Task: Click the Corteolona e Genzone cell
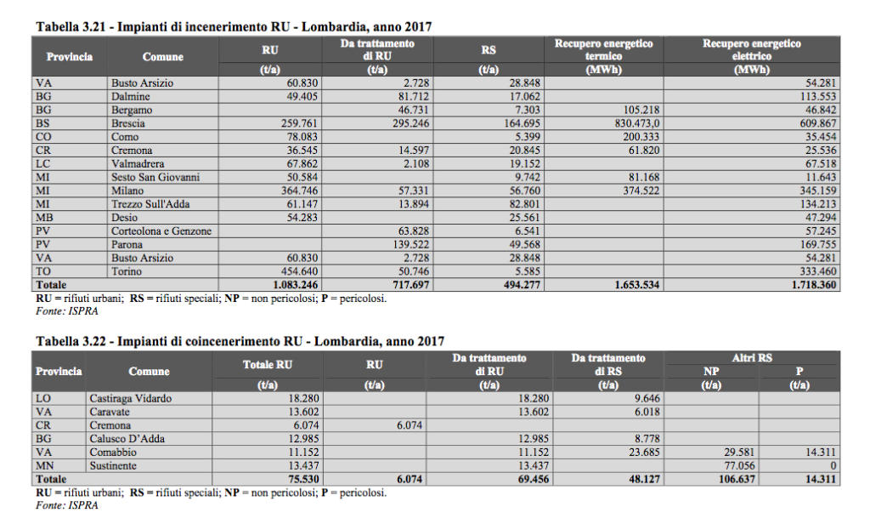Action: (x=161, y=231)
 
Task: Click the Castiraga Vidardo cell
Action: (x=130, y=398)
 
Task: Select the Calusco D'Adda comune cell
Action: (x=127, y=438)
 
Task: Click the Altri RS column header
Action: (x=752, y=358)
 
